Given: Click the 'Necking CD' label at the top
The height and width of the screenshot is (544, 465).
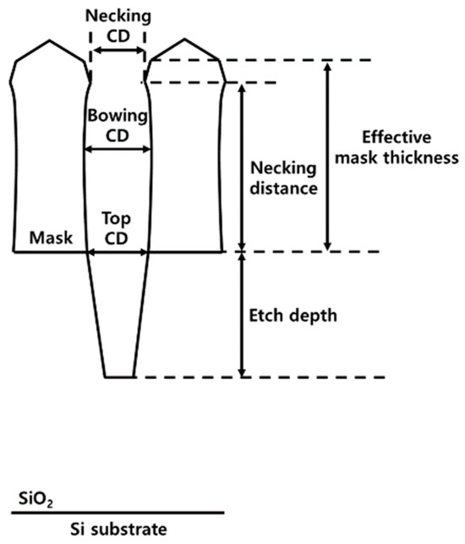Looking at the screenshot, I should (x=118, y=25).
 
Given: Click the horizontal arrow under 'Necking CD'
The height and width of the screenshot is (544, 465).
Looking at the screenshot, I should (x=118, y=52).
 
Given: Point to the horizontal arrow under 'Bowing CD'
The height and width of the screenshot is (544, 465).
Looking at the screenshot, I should (x=118, y=150).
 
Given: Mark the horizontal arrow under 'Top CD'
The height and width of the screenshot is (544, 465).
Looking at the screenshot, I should (x=118, y=251).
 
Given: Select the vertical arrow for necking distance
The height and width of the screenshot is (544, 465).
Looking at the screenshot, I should (x=243, y=167).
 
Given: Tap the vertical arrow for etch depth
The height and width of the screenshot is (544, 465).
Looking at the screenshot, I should (x=243, y=315).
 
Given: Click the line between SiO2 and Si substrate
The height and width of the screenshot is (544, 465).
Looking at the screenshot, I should (x=118, y=513).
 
